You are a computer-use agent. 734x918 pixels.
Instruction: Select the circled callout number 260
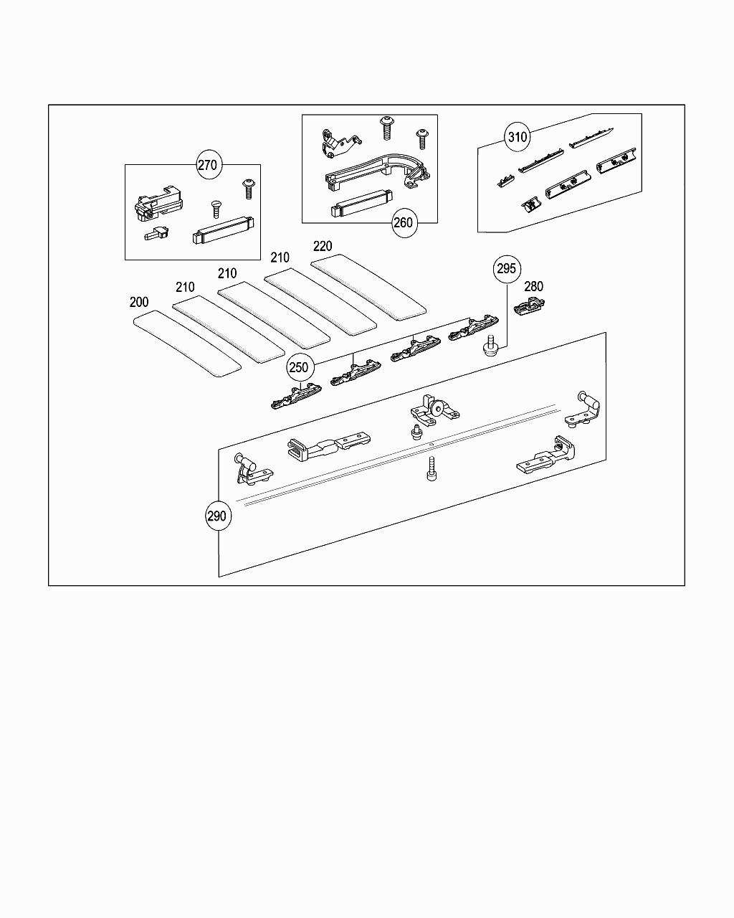pos(404,222)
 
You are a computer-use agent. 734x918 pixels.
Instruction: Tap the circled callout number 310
pos(518,137)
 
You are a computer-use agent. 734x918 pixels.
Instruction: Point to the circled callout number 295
pos(506,269)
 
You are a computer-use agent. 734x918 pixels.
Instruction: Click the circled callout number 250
pos(298,368)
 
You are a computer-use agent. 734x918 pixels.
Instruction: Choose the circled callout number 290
pos(216,516)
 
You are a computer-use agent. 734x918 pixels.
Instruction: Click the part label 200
pos(139,303)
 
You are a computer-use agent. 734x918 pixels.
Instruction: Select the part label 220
pos(323,246)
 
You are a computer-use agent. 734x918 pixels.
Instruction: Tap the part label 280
pos(533,287)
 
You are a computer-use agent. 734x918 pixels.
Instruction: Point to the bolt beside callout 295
pos(491,346)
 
